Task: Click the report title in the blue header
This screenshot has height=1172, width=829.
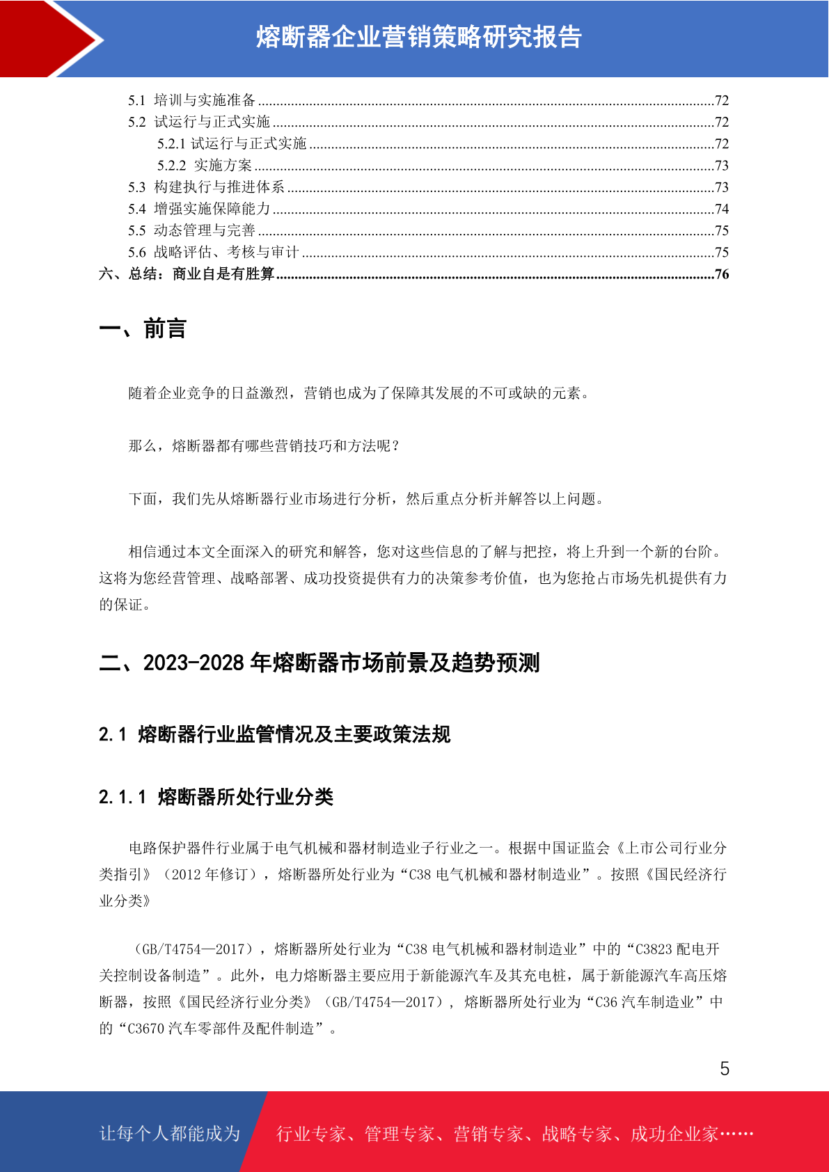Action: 418,37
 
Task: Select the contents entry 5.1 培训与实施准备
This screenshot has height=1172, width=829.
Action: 192,100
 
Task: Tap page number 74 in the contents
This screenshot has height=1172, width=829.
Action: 722,209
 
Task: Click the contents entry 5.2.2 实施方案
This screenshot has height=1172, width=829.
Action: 205,166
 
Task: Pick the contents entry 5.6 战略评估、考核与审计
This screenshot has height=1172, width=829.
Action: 213,252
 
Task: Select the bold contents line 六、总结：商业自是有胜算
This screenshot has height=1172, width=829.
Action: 187,274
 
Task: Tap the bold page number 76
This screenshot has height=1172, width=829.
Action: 722,274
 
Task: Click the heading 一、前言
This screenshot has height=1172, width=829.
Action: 143,328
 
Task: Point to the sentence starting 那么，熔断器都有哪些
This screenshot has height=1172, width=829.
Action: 265,446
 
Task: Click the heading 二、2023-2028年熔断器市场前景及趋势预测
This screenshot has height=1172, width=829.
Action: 319,663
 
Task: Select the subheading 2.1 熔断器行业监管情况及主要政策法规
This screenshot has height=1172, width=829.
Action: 274,734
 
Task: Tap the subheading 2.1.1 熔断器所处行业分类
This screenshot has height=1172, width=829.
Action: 216,797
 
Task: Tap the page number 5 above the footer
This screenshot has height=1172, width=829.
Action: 725,1069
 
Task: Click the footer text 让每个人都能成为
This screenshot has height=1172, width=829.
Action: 170,1134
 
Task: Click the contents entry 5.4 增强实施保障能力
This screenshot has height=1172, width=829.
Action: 199,209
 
